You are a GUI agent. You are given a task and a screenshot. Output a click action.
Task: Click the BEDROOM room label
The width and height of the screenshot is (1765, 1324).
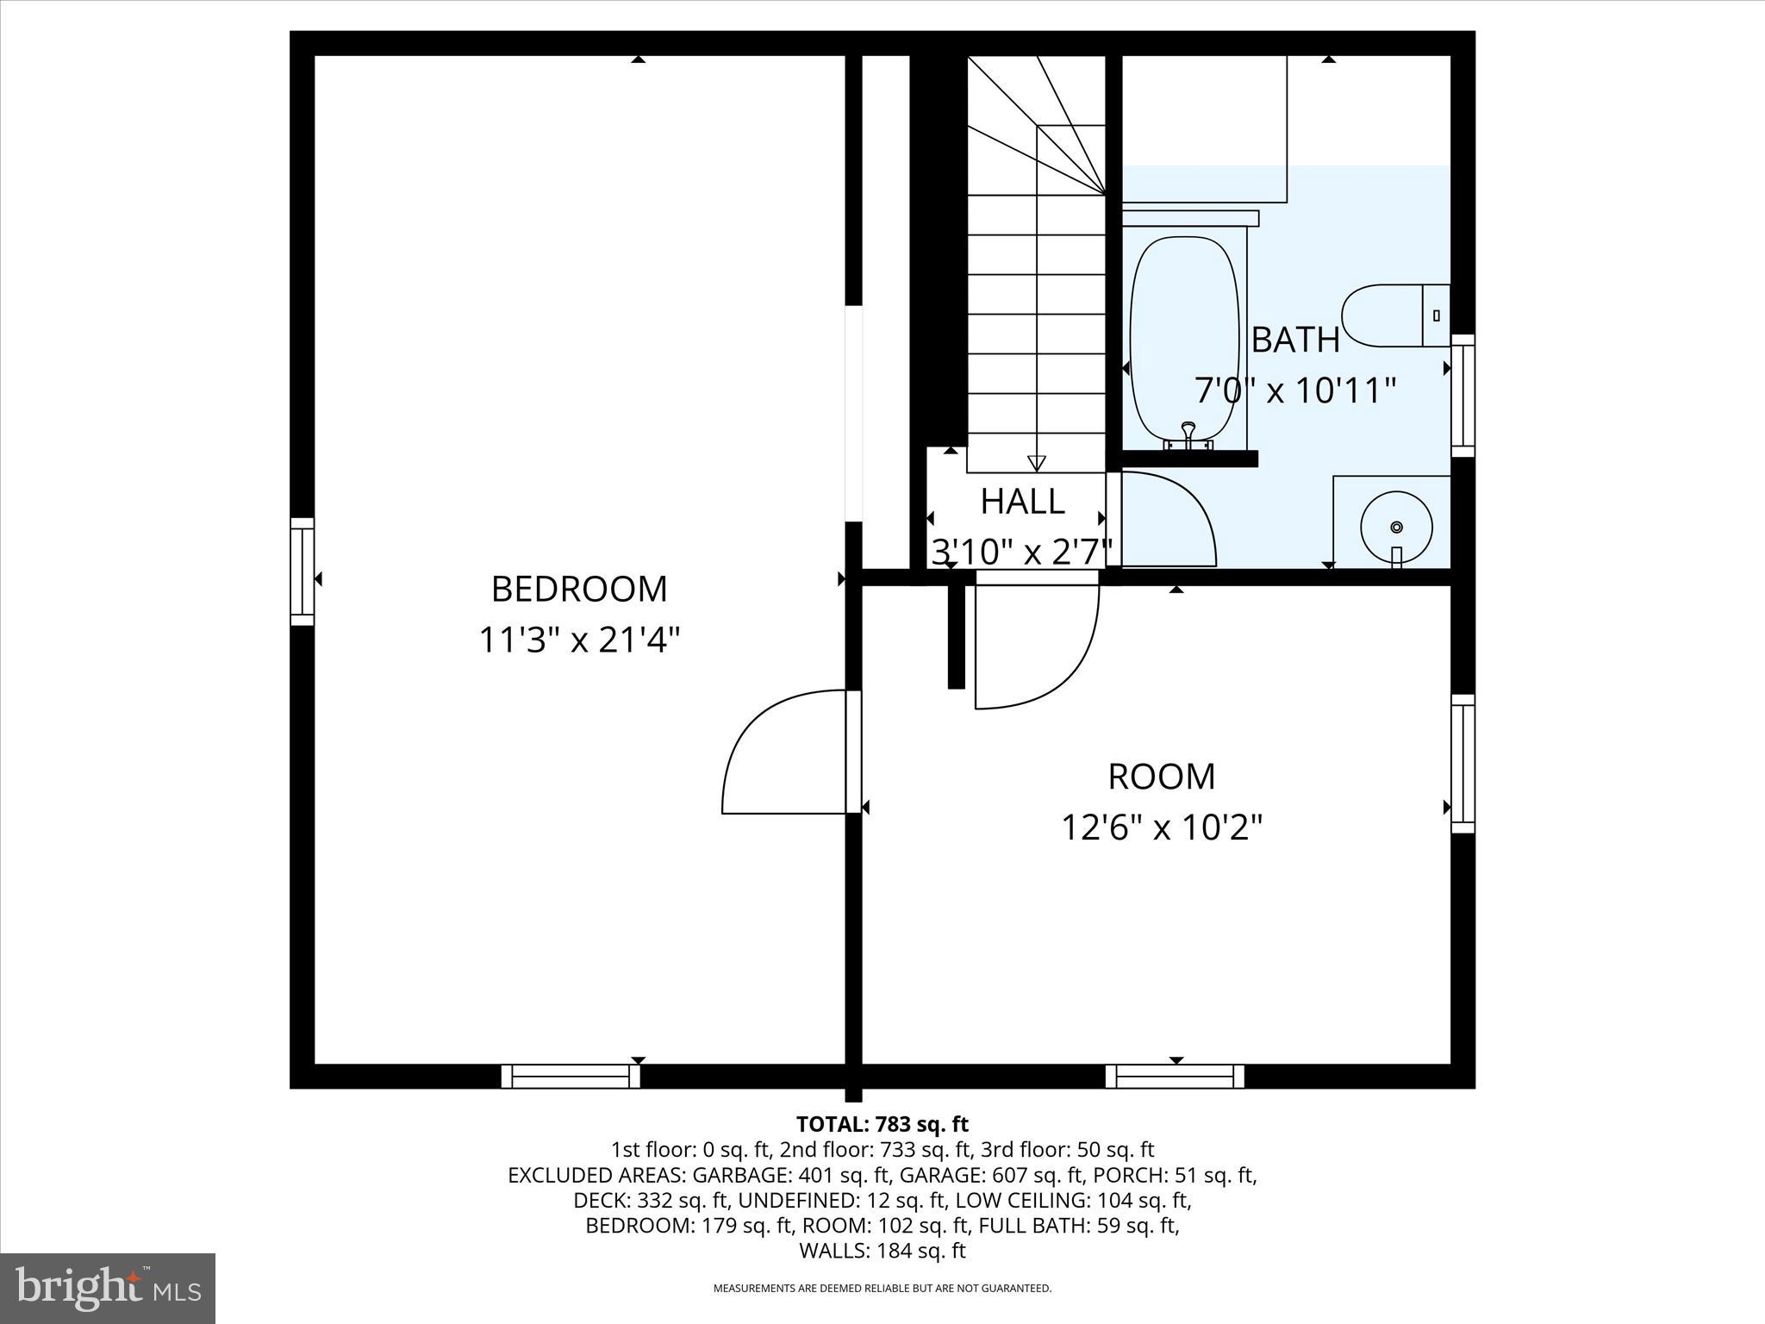[x=579, y=590]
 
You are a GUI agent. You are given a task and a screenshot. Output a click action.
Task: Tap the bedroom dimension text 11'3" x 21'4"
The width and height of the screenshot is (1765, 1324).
[x=579, y=640]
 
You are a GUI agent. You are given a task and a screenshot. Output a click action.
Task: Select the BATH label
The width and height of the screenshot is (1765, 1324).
[x=1295, y=340]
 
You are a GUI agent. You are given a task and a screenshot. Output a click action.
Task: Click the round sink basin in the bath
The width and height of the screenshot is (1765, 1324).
[x=1396, y=527]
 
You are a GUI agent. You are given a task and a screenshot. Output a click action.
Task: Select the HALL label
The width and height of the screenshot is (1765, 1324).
[x=1022, y=502]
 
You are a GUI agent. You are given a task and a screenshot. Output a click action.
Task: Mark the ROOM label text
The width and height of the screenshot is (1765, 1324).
[x=1161, y=777]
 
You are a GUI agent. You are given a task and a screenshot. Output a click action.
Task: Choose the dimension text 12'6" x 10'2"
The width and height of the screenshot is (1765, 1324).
[x=1161, y=828]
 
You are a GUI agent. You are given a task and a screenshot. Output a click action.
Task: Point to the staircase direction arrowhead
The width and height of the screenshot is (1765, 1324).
[x=1037, y=463]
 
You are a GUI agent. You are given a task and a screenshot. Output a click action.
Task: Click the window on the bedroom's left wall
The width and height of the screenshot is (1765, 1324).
[x=302, y=571]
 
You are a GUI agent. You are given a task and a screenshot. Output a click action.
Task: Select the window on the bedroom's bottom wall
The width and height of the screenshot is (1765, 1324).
[x=571, y=1077]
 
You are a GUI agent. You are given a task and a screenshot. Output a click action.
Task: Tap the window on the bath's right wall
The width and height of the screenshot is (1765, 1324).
[x=1463, y=396]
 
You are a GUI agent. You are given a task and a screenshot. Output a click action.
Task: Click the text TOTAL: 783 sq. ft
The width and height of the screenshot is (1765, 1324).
[x=882, y=1124]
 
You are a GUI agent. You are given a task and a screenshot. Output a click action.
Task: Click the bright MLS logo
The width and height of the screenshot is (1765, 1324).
[x=108, y=1289]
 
